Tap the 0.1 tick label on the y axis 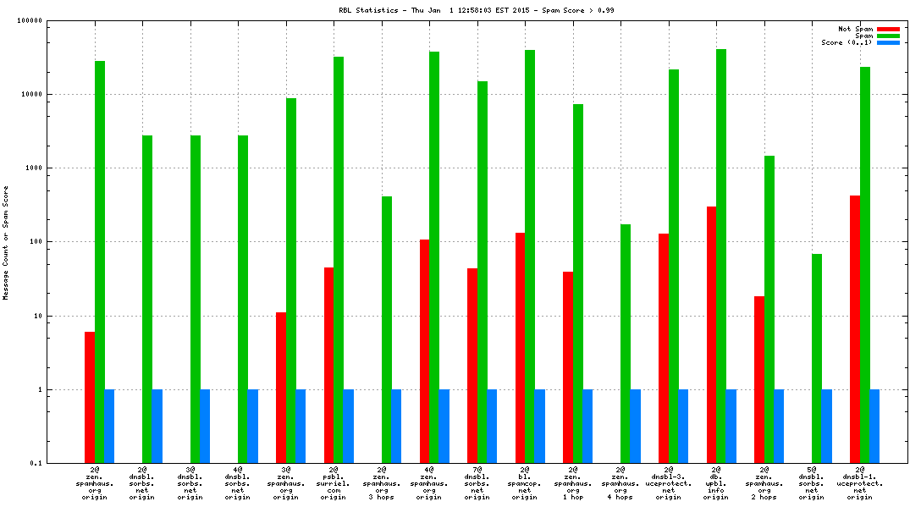(x=35, y=463)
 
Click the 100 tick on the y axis (x=33, y=242)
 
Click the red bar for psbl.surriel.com (x=328, y=365)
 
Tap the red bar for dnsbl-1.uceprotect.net (x=855, y=329)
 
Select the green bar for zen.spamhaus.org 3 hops (x=387, y=329)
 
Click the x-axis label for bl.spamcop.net (x=525, y=482)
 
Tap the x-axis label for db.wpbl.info (x=716, y=482)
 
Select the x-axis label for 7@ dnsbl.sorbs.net (x=477, y=482)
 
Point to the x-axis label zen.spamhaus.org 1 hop (x=573, y=482)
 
